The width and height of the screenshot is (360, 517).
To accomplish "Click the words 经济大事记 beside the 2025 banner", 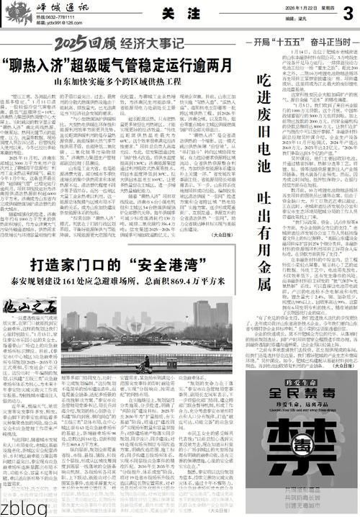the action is pyautogui.click(x=143, y=47).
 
